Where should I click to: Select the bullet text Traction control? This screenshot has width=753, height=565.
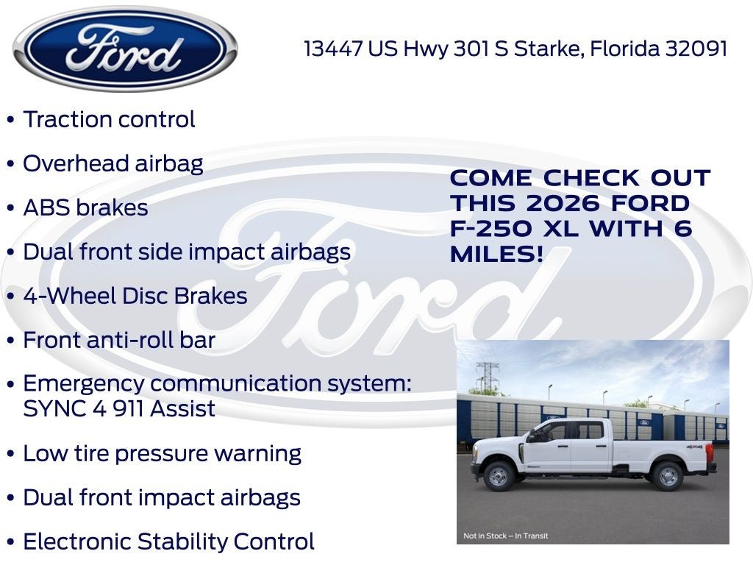tap(109, 120)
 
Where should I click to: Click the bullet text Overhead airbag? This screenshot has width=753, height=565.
tap(113, 163)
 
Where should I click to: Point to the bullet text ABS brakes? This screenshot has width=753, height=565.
tap(85, 207)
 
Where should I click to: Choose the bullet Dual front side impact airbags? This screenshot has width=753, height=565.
tap(187, 252)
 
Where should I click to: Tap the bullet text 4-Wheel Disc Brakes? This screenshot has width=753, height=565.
tap(135, 296)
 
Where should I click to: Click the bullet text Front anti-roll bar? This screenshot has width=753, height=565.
tap(119, 340)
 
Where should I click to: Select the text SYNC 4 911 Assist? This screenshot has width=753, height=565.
tap(119, 408)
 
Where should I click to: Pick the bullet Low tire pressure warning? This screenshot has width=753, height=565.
tap(162, 453)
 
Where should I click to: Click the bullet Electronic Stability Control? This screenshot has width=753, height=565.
tap(168, 541)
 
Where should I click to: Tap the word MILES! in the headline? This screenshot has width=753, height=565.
tap(497, 255)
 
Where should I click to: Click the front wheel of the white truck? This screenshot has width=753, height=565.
tap(499, 475)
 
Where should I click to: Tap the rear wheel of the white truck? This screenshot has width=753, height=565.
tap(668, 475)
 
